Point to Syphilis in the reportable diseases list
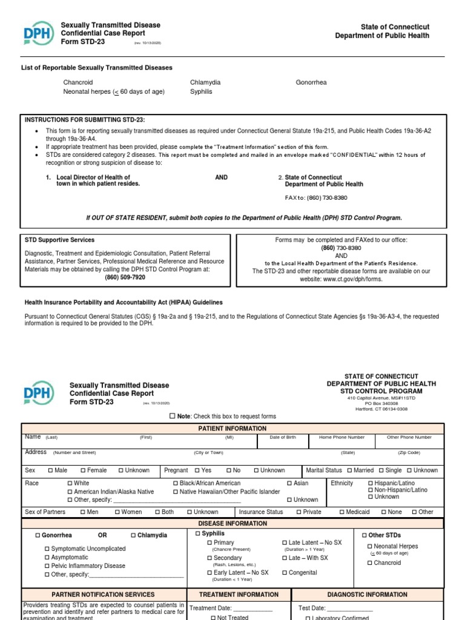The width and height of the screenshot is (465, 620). pyautogui.click(x=201, y=92)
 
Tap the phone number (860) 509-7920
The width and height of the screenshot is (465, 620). pyautogui.click(x=125, y=277)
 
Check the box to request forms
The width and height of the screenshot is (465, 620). pyautogui.click(x=173, y=417)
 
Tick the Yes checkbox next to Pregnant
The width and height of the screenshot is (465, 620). pyautogui.click(x=197, y=470)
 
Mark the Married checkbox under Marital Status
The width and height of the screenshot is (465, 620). pyautogui.click(x=349, y=470)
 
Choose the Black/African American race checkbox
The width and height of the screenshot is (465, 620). pyautogui.click(x=176, y=484)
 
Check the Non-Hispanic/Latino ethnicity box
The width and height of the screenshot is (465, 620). pyautogui.click(x=370, y=490)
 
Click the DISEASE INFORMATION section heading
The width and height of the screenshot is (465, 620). pyautogui.click(x=232, y=524)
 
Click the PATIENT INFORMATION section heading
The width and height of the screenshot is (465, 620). pyautogui.click(x=232, y=429)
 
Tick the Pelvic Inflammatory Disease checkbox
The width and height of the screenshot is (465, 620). pyautogui.click(x=48, y=566)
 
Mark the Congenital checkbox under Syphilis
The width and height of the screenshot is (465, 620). pyautogui.click(x=285, y=573)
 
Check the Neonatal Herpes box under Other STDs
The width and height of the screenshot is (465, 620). pyautogui.click(x=370, y=547)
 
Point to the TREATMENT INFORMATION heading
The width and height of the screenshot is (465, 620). pyautogui.click(x=239, y=595)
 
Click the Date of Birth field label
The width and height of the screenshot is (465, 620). pyautogui.click(x=283, y=437)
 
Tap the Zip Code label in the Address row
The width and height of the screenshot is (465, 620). pyautogui.click(x=409, y=453)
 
